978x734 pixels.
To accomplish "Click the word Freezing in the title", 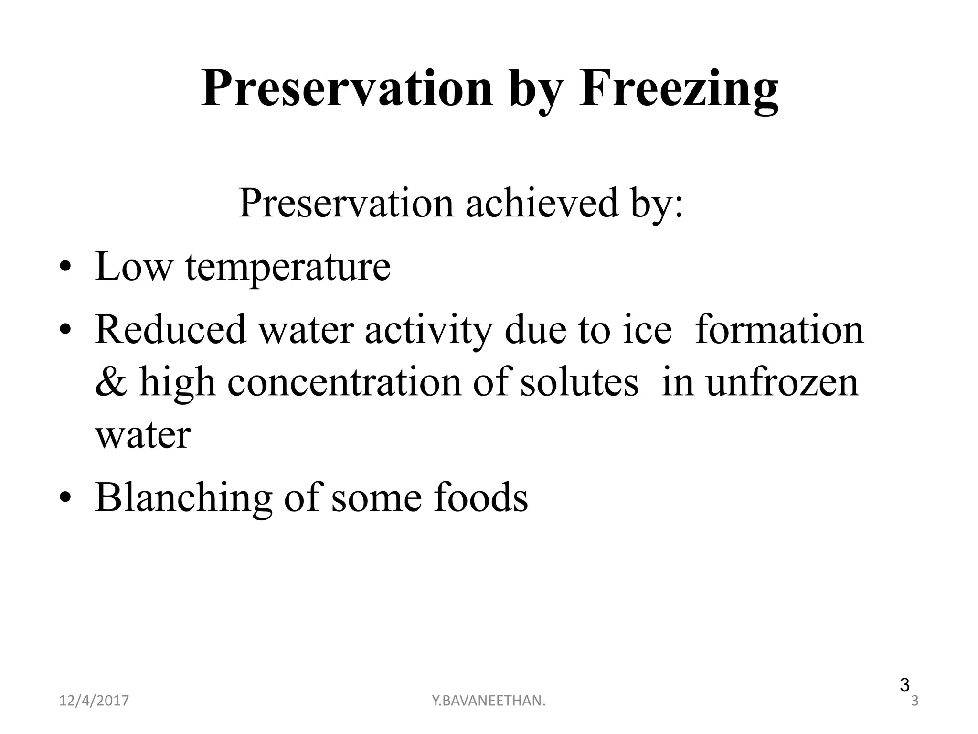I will [x=679, y=89].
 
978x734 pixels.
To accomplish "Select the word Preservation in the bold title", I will [x=347, y=89].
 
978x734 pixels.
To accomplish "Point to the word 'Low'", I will [x=133, y=266].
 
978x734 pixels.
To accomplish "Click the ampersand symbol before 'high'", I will [x=111, y=383].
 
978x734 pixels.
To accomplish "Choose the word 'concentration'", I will [x=344, y=383].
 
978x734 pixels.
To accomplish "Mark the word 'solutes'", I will [x=579, y=383].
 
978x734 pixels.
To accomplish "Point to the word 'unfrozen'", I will [x=782, y=383].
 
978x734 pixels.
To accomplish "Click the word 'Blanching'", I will [x=183, y=498].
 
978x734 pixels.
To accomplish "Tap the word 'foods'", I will [x=480, y=498].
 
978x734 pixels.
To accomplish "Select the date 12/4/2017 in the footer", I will [x=94, y=701].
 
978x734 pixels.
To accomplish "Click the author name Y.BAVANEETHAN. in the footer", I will [x=489, y=701].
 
